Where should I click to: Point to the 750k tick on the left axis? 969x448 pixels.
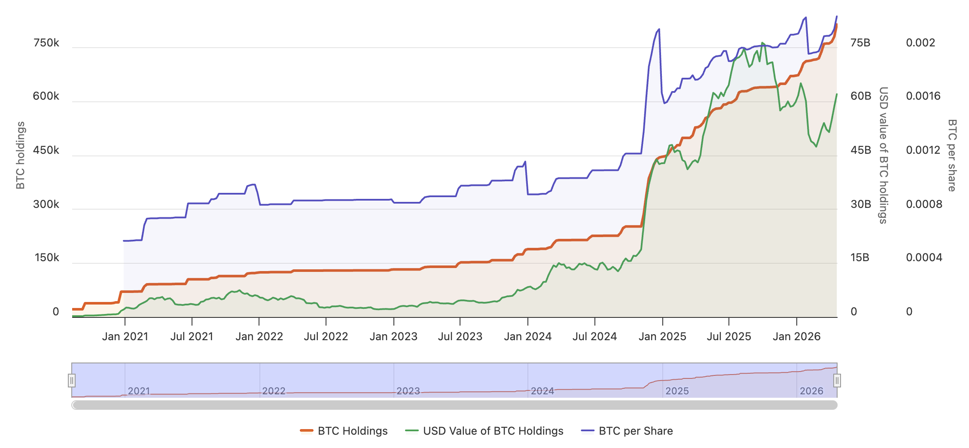pos(46,43)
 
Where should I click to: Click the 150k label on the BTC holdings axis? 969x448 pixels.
pos(47,258)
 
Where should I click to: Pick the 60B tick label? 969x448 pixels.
pos(861,96)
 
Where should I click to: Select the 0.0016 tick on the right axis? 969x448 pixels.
pos(923,96)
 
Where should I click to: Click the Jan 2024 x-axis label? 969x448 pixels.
pos(527,336)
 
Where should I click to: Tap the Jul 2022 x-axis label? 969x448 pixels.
pos(326,336)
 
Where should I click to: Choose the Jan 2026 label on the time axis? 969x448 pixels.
pos(796,336)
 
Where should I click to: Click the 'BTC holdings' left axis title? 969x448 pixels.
pos(20,155)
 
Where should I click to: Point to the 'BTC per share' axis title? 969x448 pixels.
pos(952,155)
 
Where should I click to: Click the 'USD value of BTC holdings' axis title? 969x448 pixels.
pos(883,155)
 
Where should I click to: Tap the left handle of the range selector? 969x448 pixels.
pos(72,381)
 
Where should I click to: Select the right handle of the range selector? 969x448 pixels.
pos(837,381)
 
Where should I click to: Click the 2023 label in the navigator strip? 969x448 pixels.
pos(408,391)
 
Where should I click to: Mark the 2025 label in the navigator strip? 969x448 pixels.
pos(677,391)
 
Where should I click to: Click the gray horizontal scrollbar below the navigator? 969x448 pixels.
pos(454,405)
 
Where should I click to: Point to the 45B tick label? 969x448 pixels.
pos(861,150)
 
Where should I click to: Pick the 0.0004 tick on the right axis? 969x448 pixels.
pos(924,258)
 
